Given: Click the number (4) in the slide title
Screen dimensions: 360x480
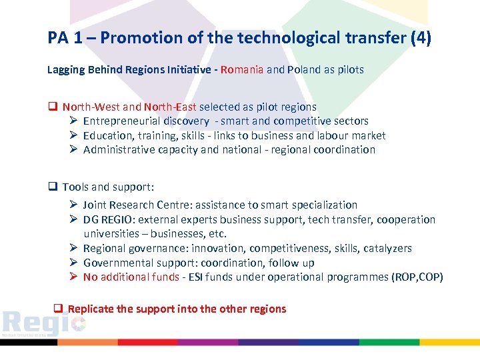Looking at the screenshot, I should click(421, 38).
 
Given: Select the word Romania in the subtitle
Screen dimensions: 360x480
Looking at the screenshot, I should click(242, 69).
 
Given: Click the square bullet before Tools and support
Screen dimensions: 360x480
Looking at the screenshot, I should click(52, 187).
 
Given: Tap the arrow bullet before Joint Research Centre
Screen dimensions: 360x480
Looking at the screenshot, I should click(74, 205).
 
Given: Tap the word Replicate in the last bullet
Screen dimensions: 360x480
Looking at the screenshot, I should click(91, 309).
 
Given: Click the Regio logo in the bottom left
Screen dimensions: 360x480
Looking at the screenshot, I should click(43, 323).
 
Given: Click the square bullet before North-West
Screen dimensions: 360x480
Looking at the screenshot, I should click(52, 107).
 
